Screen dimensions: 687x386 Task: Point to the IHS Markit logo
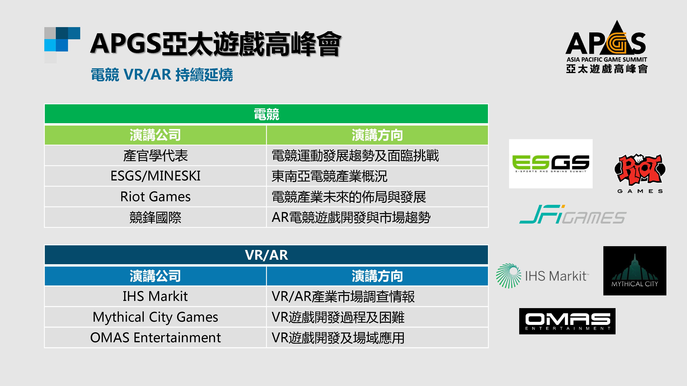[x=542, y=276]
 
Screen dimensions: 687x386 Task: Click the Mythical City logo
[x=635, y=271]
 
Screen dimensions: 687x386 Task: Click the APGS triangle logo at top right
[x=606, y=47]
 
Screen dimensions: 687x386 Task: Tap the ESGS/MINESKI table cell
[x=155, y=176]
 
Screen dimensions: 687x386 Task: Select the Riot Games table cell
[x=155, y=197]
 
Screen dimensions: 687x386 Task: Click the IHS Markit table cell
[x=155, y=296]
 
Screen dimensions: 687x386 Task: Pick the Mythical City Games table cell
[x=155, y=317]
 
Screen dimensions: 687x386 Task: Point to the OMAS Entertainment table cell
[x=155, y=337]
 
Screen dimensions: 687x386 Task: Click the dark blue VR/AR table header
[x=266, y=255]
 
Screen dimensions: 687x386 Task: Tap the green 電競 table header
[x=266, y=114]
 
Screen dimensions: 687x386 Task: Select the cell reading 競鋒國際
[x=155, y=217]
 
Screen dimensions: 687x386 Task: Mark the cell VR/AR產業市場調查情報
[x=377, y=296]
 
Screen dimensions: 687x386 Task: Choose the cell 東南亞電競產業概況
[x=377, y=176]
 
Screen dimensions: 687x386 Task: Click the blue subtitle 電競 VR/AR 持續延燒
[x=162, y=75]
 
